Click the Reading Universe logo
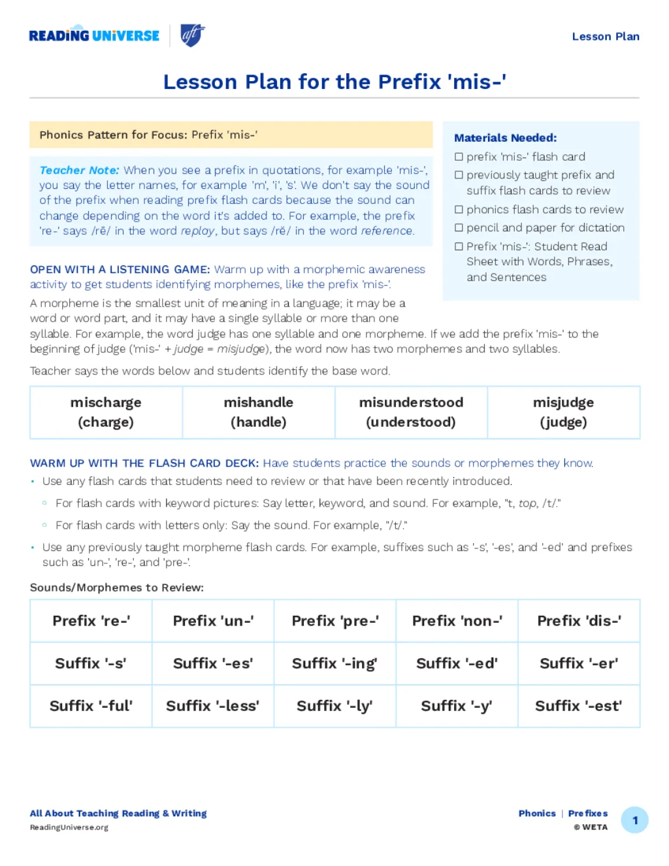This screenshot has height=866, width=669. (94, 35)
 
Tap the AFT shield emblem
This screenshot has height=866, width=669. (192, 35)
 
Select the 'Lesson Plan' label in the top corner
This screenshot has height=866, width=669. (605, 37)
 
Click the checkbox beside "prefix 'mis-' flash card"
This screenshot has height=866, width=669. (459, 157)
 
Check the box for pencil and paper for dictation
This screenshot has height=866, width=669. (459, 228)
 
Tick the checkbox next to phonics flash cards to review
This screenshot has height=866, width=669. (459, 210)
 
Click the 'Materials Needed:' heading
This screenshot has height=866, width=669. (505, 138)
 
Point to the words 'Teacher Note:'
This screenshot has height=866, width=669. (79, 171)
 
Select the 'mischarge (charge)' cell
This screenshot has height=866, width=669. (106, 412)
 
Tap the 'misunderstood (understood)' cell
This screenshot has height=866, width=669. (411, 412)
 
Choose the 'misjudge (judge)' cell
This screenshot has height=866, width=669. (563, 412)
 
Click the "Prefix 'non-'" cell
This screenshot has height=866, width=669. (457, 621)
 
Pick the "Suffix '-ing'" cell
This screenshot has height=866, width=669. (334, 663)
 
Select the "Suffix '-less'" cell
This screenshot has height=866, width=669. (212, 706)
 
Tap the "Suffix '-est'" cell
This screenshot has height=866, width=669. (578, 706)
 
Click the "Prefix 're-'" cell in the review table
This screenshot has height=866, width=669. (91, 621)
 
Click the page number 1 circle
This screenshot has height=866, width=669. (634, 820)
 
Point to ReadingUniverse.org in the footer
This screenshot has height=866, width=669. (69, 827)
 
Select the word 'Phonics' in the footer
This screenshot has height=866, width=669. (537, 814)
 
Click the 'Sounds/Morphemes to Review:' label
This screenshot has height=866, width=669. (117, 588)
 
